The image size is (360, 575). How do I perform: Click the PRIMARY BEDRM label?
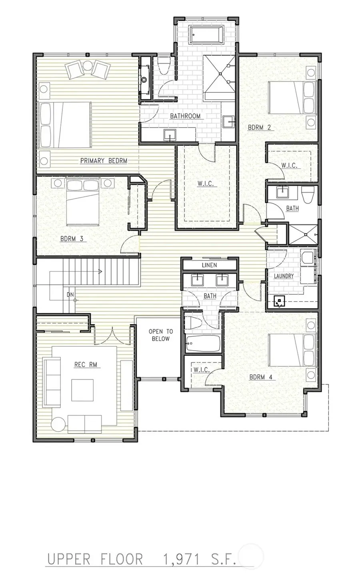pos(104,161)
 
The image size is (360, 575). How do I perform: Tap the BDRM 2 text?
pos(259,128)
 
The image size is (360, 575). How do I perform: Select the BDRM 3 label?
pos(72,239)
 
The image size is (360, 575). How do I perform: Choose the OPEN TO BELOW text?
pos(161,335)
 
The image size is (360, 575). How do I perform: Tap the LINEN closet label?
pos(209,265)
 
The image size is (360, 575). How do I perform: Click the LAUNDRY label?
pos(284,276)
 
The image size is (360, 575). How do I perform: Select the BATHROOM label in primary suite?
pos(185,116)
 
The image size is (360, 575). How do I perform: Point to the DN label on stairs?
pos(70,295)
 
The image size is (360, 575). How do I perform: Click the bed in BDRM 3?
pos(82,202)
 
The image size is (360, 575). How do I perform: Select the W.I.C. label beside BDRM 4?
pos(201,370)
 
